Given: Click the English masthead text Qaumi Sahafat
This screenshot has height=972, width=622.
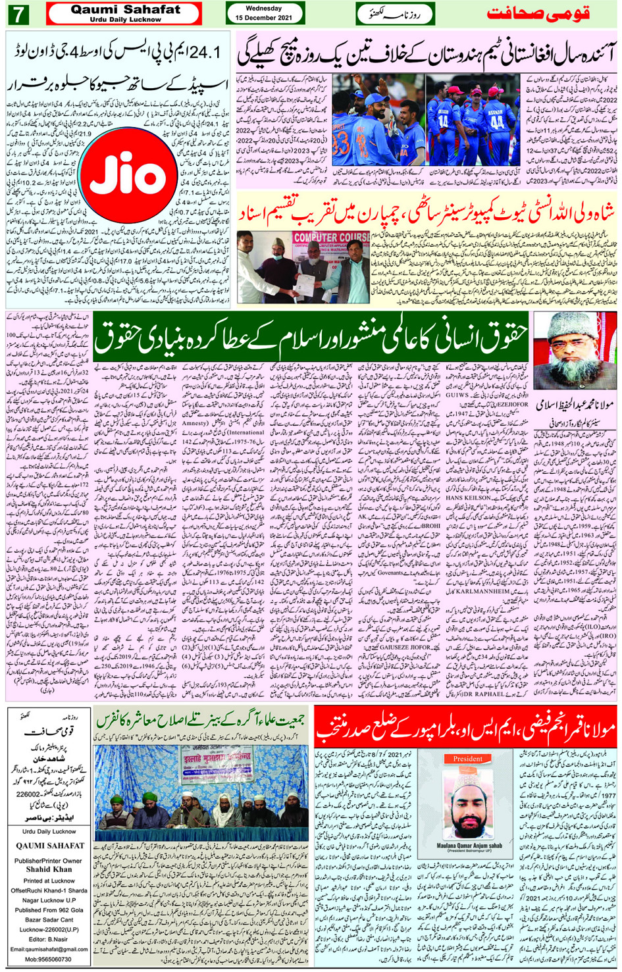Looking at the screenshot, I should pos(125,10).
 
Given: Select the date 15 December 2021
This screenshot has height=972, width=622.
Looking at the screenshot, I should pos(264,17).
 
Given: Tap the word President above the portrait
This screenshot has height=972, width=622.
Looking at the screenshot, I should pos(467,758).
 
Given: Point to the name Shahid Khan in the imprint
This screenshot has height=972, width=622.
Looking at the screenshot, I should pos(47,869).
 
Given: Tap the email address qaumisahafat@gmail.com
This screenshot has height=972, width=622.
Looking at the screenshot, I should pos(49,949).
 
